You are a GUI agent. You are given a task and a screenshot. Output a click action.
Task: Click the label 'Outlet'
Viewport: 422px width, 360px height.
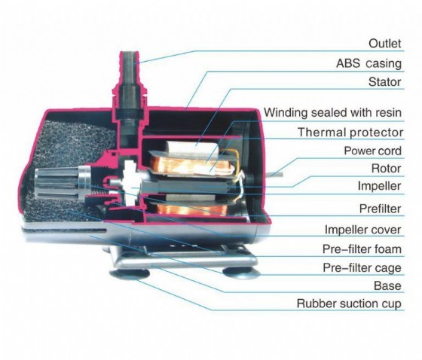(x=385, y=44)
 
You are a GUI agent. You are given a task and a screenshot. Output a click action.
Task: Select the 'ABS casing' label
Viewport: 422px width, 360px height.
(x=368, y=63)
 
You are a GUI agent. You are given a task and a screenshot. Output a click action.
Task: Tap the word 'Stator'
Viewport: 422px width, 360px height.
(x=385, y=82)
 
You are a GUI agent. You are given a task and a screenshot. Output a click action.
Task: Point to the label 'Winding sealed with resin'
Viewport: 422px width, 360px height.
(x=332, y=112)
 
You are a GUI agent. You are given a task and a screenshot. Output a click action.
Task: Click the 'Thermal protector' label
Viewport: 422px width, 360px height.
(x=350, y=133)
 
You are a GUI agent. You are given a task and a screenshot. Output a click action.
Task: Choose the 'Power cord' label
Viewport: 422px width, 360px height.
(x=373, y=151)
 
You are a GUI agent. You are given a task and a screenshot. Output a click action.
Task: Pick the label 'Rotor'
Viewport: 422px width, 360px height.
(x=387, y=169)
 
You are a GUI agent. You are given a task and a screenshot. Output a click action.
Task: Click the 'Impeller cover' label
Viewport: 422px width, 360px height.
(x=363, y=230)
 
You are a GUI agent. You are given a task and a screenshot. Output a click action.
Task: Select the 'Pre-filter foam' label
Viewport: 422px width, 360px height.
(x=362, y=249)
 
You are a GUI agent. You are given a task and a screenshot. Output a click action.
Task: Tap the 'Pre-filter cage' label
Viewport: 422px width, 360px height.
(x=362, y=267)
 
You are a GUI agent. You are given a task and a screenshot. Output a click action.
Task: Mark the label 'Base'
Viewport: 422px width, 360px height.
(x=387, y=285)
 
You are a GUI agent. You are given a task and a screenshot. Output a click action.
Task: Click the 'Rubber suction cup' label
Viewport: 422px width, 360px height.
(x=349, y=304)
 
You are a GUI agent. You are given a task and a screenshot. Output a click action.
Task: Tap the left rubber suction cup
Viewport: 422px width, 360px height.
(x=130, y=273)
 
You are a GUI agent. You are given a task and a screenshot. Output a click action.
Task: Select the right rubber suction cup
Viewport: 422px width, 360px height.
(x=241, y=273)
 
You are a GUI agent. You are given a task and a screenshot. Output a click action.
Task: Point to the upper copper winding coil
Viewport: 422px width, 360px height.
(x=191, y=165)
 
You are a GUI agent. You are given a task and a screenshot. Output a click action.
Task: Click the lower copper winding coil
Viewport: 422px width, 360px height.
(x=192, y=209)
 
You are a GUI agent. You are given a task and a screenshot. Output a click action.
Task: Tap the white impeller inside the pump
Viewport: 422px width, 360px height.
(x=128, y=184)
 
